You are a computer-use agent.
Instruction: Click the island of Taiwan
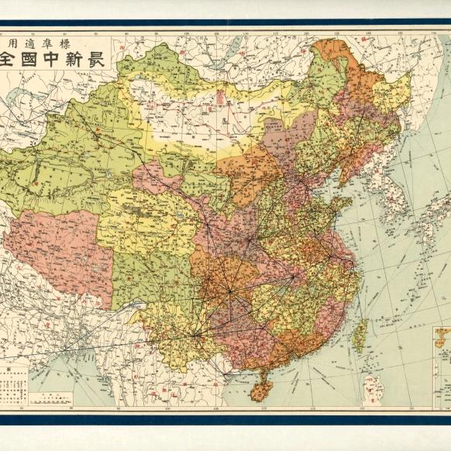tap(360, 335)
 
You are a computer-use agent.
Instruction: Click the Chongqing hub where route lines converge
tap(229, 291)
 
